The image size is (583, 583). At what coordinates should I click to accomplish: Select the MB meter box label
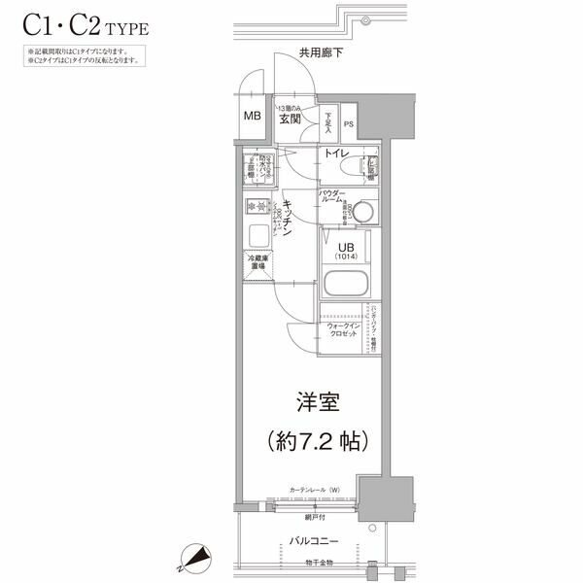(x=252, y=118)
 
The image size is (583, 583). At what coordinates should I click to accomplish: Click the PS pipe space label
(x=348, y=124)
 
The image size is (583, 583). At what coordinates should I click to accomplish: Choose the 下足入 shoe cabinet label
(x=328, y=120)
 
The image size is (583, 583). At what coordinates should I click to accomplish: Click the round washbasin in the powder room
(x=363, y=211)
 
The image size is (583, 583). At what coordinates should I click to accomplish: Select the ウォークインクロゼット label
(x=343, y=328)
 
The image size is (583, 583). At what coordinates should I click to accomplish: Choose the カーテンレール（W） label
(x=313, y=490)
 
